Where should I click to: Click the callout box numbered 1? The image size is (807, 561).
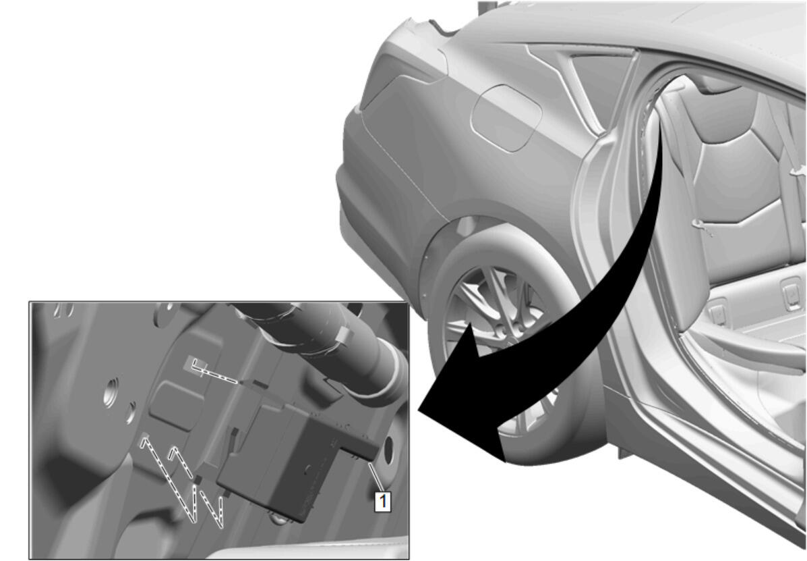[x=382, y=502]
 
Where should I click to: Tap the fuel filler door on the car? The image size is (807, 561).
[x=506, y=118]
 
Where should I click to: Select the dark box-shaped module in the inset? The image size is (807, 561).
[x=289, y=454]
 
